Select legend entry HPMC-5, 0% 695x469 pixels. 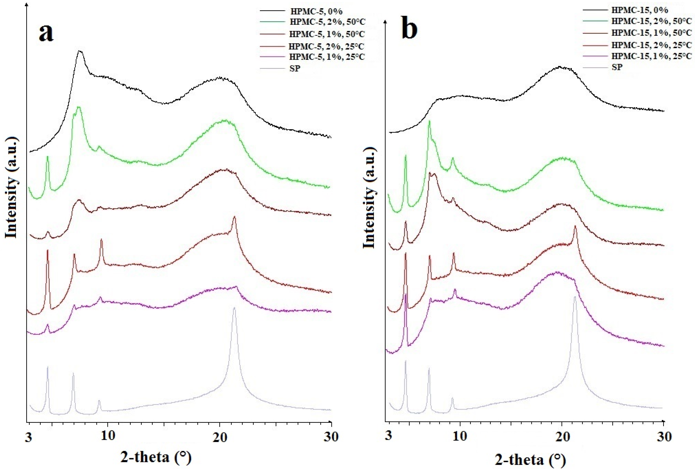click(x=316, y=11)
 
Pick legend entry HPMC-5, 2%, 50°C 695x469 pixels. click(x=327, y=22)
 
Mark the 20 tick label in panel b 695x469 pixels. click(x=561, y=436)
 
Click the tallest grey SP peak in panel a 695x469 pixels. click(x=234, y=308)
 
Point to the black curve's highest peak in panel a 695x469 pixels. click(x=80, y=51)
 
